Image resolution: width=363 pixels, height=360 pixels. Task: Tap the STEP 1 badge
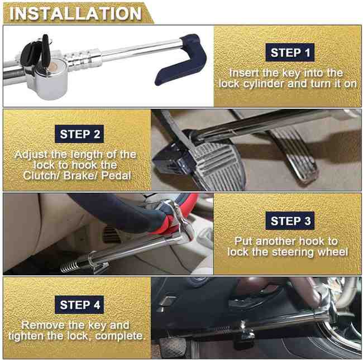290,53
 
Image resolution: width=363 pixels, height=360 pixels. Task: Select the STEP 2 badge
80,134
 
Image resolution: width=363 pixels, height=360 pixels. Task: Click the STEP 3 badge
290,220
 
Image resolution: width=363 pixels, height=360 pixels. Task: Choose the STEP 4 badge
80,305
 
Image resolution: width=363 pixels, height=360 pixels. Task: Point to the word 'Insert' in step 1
246,73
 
